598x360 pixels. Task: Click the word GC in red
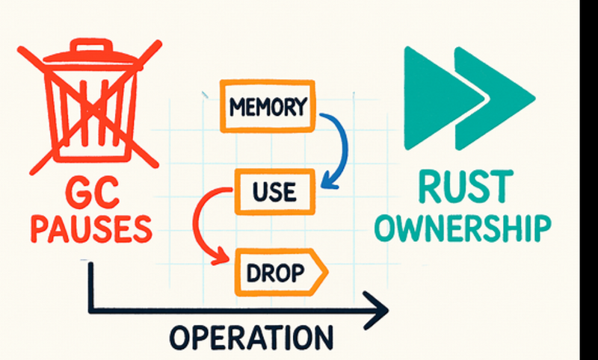[87, 192]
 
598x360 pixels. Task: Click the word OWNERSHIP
[462, 227]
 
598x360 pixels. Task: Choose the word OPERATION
[250, 337]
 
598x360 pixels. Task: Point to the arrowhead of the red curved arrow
[221, 258]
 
